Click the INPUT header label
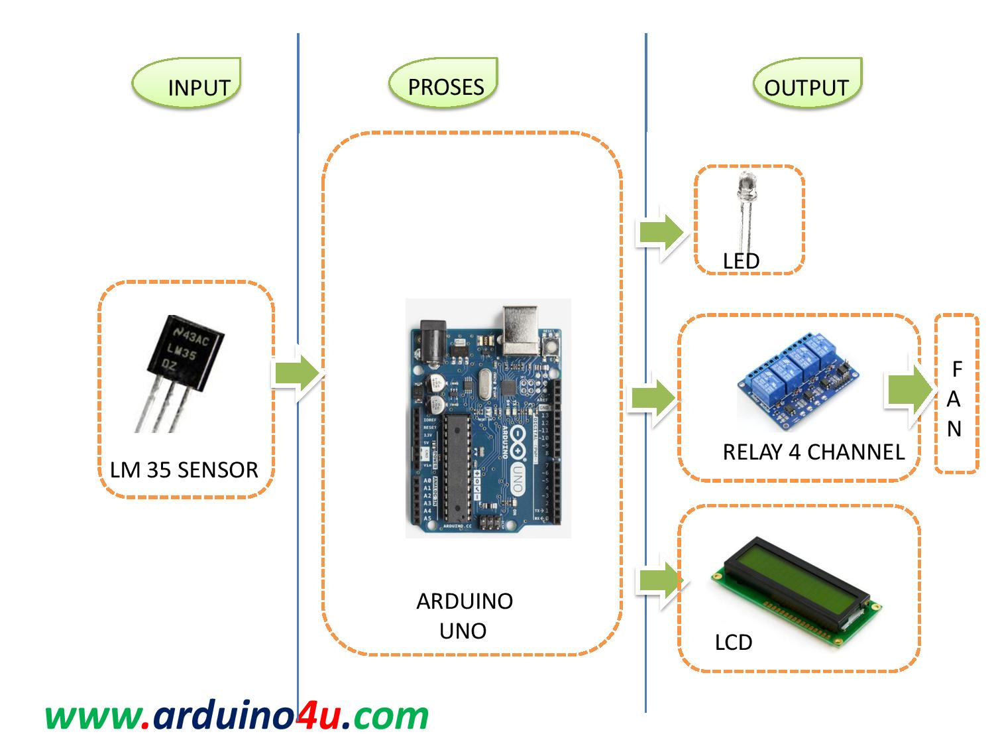(x=198, y=88)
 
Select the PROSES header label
(x=445, y=87)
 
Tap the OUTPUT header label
(x=806, y=88)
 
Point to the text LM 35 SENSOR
(x=184, y=469)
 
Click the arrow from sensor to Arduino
(x=296, y=373)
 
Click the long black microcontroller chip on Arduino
(x=457, y=467)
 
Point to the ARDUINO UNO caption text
(x=464, y=615)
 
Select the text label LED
(x=741, y=261)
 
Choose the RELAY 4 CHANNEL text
(x=813, y=452)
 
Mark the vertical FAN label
(x=955, y=399)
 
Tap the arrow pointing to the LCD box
(x=659, y=582)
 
